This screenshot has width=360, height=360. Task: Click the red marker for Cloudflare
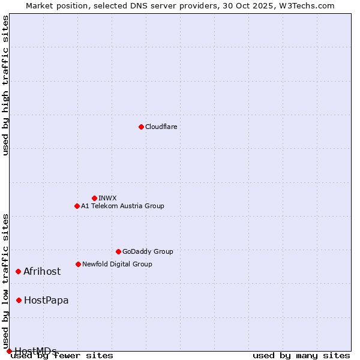point(141,127)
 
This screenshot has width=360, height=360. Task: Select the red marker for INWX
point(94,198)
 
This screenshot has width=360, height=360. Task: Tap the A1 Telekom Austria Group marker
point(77,206)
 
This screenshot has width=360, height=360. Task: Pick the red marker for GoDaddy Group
point(118,251)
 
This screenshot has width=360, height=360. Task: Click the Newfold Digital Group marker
point(78,264)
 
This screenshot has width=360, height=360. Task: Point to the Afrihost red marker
point(18,271)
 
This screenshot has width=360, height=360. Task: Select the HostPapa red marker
point(19,300)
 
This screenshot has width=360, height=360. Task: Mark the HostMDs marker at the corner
point(9,351)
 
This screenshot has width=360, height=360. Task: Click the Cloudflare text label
point(161,127)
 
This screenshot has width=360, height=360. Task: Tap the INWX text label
point(108,198)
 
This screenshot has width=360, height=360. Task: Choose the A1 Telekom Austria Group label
point(122,206)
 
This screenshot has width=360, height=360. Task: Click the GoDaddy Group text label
point(148,251)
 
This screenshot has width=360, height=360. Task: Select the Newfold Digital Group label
point(117,264)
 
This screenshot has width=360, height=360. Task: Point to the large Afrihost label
point(42,271)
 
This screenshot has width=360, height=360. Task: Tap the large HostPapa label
point(46,300)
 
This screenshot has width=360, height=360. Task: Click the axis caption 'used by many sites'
point(301,356)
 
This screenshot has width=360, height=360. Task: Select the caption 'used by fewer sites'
point(62,356)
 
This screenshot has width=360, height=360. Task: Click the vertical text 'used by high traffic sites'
point(6,85)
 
